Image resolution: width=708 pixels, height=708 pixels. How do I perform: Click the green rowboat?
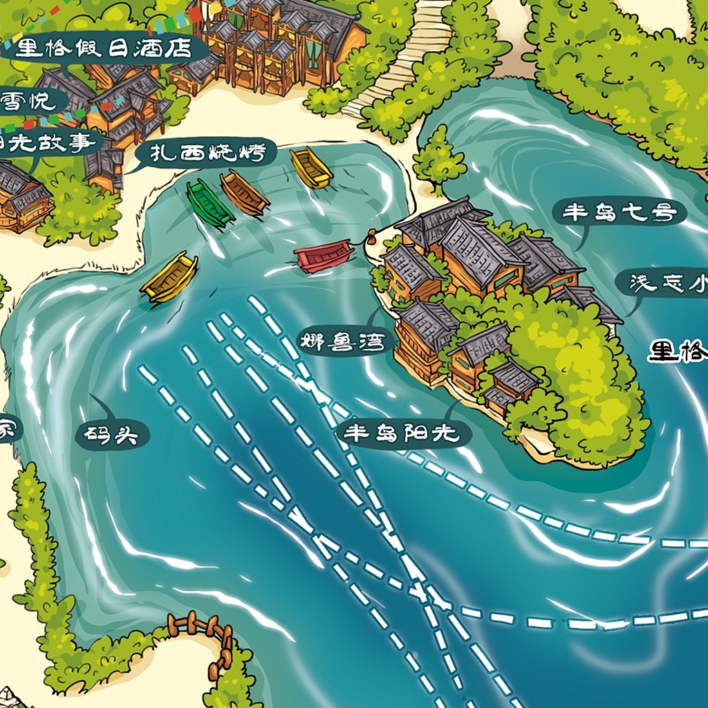[209, 203]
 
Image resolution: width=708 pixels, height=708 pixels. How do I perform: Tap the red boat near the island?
[324, 257]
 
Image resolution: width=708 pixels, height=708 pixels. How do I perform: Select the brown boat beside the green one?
[244, 193]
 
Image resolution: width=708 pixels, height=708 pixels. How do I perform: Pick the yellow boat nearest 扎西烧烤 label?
[311, 167]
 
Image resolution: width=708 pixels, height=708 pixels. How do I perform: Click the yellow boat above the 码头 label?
[169, 277]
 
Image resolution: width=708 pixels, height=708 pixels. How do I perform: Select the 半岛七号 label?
[619, 213]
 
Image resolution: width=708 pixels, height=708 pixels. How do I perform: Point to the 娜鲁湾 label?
[342, 341]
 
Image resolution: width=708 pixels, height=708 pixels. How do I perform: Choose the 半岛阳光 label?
[402, 434]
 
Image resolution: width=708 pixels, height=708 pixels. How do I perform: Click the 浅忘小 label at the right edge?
[668, 283]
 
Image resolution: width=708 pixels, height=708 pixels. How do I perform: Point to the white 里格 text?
[678, 352]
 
